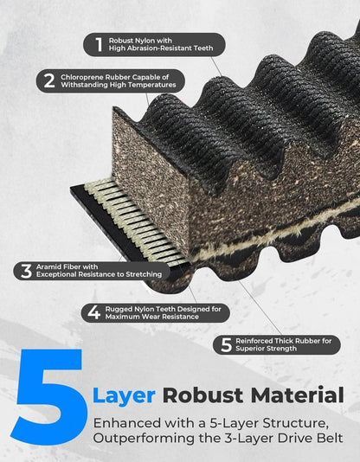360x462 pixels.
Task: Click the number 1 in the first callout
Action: point(100,44)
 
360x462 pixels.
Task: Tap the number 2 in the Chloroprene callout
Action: point(49,81)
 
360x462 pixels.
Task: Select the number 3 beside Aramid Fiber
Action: point(26,271)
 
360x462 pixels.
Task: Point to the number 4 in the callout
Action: point(94,312)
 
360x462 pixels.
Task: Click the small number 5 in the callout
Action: point(226,344)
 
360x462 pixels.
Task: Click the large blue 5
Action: point(49,397)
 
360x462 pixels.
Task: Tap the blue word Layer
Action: point(124,396)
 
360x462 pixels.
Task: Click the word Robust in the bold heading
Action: point(202,395)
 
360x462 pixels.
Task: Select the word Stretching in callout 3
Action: point(144,274)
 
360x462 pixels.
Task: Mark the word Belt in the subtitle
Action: point(331,438)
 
